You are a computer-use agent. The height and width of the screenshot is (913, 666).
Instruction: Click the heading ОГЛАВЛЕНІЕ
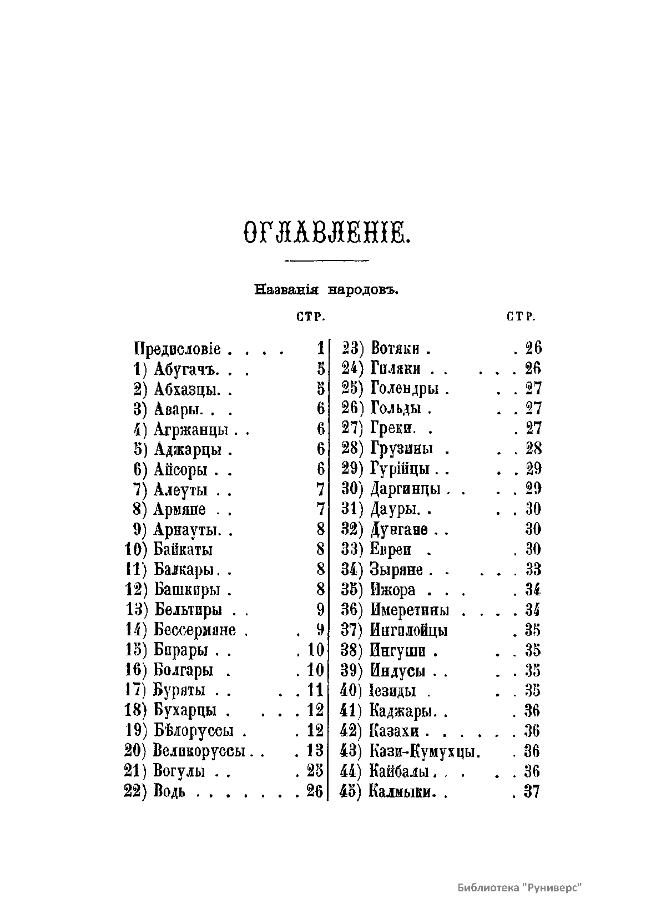[326, 231]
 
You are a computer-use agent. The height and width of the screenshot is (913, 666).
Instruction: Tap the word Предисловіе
[178, 349]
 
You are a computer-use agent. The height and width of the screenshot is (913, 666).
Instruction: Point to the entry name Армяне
[180, 509]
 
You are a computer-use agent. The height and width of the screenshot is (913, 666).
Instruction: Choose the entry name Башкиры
[187, 590]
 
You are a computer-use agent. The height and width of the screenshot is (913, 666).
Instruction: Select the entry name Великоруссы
[199, 751]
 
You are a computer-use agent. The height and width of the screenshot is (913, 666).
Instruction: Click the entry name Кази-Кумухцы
[424, 751]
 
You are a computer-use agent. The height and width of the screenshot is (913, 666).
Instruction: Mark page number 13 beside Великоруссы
[315, 751]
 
